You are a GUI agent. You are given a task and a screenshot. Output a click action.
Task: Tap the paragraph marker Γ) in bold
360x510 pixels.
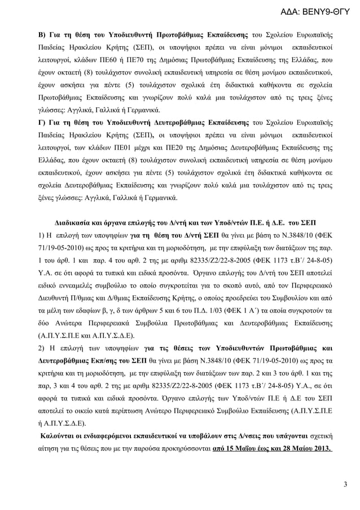[x=41, y=123]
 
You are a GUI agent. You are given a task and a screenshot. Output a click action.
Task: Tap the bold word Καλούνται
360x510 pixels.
[x=58, y=437]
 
